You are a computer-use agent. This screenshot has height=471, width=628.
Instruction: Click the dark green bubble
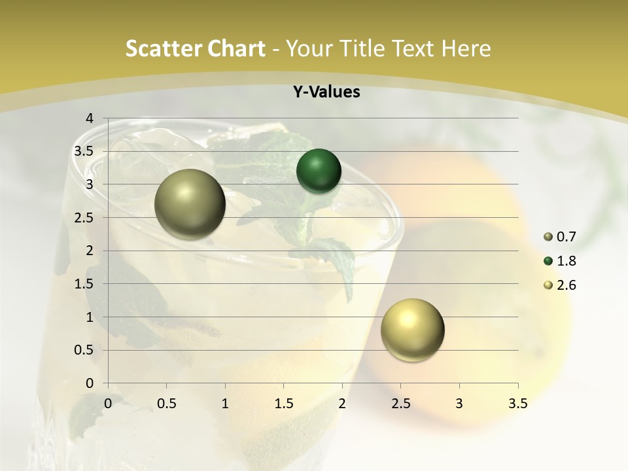point(319,171)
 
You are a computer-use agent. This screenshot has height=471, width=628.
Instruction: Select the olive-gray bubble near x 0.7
point(190,204)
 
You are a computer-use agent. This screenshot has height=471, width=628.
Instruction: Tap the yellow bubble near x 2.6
point(412,330)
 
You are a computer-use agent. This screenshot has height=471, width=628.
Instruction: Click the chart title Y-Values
point(326,92)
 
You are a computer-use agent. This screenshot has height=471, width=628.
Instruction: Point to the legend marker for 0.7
point(548,236)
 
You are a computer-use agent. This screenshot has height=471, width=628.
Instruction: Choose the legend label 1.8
point(566,261)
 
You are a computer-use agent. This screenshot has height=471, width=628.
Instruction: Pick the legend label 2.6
point(566,285)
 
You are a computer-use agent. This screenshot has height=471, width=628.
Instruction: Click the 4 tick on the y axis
point(89,118)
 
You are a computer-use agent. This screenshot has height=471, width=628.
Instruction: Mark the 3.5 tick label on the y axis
point(84,151)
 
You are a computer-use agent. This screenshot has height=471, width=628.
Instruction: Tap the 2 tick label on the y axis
point(89,251)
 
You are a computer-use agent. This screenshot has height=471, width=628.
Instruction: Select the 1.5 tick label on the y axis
point(84,284)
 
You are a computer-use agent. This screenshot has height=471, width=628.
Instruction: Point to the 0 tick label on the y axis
point(89,383)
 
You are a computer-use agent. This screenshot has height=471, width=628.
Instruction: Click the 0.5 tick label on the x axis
point(166,404)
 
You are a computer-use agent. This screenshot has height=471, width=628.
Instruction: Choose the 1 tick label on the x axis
point(225,404)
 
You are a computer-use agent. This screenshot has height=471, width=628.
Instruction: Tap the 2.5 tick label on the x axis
point(400,404)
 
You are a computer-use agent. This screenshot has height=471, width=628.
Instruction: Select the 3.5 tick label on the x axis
point(517,404)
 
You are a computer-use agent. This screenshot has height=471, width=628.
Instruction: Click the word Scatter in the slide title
point(160,48)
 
